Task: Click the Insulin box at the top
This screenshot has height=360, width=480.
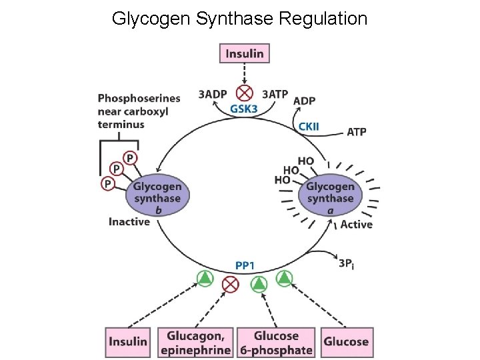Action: pos(245,53)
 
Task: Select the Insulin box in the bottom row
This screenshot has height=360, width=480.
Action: pos(127,342)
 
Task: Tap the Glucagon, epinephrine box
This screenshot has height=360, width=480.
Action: pos(195,342)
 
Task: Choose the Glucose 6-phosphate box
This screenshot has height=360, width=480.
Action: pos(275,342)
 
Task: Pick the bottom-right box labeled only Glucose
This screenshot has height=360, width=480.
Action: pos(346,342)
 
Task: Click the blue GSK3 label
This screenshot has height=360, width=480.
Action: pos(244,109)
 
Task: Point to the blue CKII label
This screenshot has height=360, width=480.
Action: pos(309,125)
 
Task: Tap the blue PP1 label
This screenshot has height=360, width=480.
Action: pos(245,265)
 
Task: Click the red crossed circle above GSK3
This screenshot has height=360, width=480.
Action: pos(245,92)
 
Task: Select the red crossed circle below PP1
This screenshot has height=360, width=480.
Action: pos(231,285)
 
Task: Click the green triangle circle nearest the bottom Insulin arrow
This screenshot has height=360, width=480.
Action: pos(205,279)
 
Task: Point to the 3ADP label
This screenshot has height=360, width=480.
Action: pos(213,94)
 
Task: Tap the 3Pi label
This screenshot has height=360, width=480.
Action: pos(346,263)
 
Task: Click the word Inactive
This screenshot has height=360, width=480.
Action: pos(129,221)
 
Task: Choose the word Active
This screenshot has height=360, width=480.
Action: pos(357,225)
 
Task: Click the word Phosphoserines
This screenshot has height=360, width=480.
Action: pos(139,99)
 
